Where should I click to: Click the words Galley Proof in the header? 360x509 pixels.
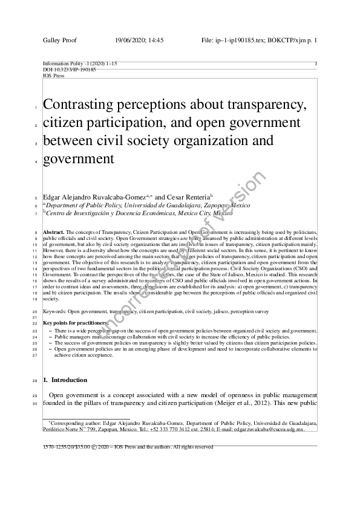57,40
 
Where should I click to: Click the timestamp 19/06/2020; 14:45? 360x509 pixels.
139,40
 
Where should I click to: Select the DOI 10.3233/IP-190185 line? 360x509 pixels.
69,70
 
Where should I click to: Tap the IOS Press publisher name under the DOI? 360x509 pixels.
53,76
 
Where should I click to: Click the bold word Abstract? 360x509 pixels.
54,232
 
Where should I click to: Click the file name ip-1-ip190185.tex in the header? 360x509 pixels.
247,40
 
